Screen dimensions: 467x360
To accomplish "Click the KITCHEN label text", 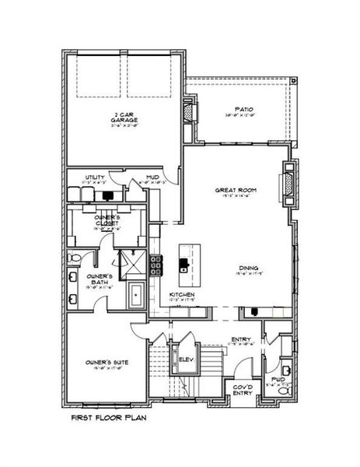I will pyautogui.click(x=181, y=294).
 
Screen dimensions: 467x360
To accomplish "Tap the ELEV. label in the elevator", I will pyautogui.click(x=186, y=360).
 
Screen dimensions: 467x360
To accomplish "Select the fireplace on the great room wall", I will pyautogui.click(x=288, y=185).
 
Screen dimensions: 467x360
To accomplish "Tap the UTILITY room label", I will pyautogui.click(x=94, y=178).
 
